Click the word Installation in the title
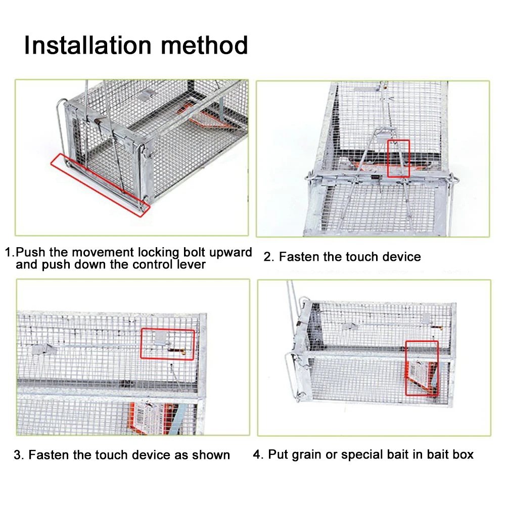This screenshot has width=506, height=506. point(88,45)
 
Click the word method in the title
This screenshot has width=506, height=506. point(204,45)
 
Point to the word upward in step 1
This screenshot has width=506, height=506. point(231,253)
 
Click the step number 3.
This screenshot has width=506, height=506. point(19,454)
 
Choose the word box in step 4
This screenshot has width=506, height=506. point(463,454)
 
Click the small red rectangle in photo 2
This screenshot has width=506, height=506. point(398,158)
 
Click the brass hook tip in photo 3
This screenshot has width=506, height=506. point(183,352)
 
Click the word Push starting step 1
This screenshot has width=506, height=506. point(30,252)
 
